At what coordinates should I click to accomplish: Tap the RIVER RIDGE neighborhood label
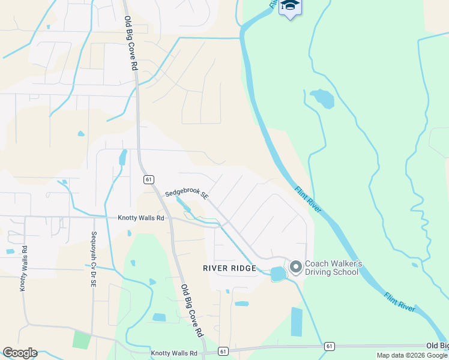pyautogui.click(x=229, y=268)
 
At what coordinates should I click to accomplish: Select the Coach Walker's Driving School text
pyautogui.click(x=331, y=268)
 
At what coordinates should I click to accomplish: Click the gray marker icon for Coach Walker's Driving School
pyautogui.click(x=295, y=266)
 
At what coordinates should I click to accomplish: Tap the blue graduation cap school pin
pyautogui.click(x=291, y=6)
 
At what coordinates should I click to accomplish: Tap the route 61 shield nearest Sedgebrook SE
pyautogui.click(x=148, y=179)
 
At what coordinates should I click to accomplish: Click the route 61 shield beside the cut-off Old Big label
pyautogui.click(x=329, y=346)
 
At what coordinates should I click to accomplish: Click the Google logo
pyautogui.click(x=20, y=353)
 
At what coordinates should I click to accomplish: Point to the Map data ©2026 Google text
pyautogui.click(x=412, y=355)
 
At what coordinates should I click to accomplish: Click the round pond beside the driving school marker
pyautogui.click(x=278, y=274)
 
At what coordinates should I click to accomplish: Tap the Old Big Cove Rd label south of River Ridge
pyautogui.click(x=191, y=310)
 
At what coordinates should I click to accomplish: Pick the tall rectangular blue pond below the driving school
pyautogui.click(x=297, y=322)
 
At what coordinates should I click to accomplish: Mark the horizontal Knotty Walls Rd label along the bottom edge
pyautogui.click(x=174, y=353)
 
